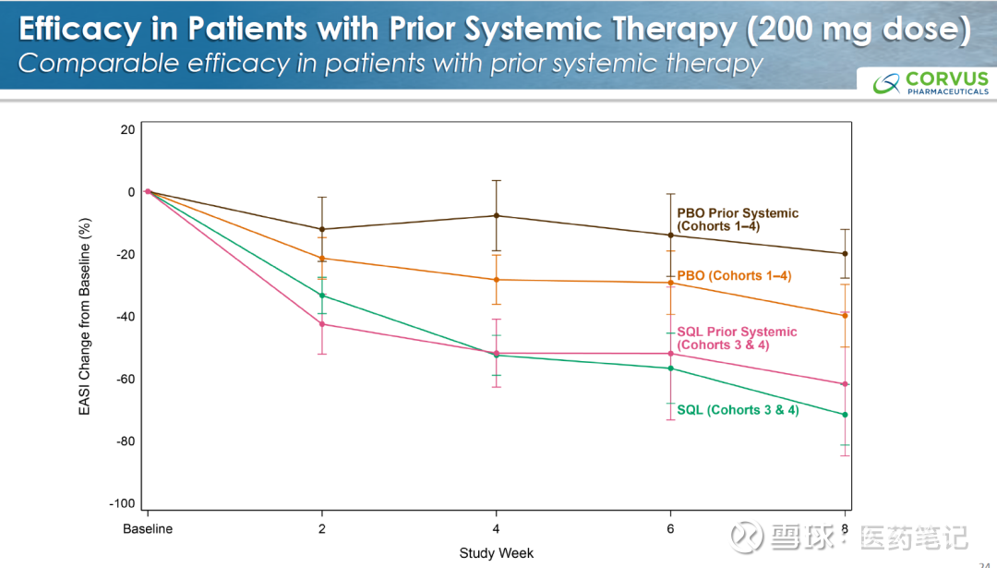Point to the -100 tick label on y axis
point(122,503)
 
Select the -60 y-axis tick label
point(125,379)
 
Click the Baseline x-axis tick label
point(148,529)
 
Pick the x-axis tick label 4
point(496,529)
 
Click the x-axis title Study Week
point(496,553)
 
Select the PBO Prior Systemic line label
point(738,219)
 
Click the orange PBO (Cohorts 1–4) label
point(734,275)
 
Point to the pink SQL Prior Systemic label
point(737,338)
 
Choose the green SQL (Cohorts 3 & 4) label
point(738,409)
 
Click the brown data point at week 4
point(496,216)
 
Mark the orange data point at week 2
point(321,259)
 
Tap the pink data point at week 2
point(321,324)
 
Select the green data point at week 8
point(845,415)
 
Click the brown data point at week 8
point(845,254)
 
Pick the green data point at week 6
point(670,369)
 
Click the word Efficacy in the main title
point(78,29)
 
